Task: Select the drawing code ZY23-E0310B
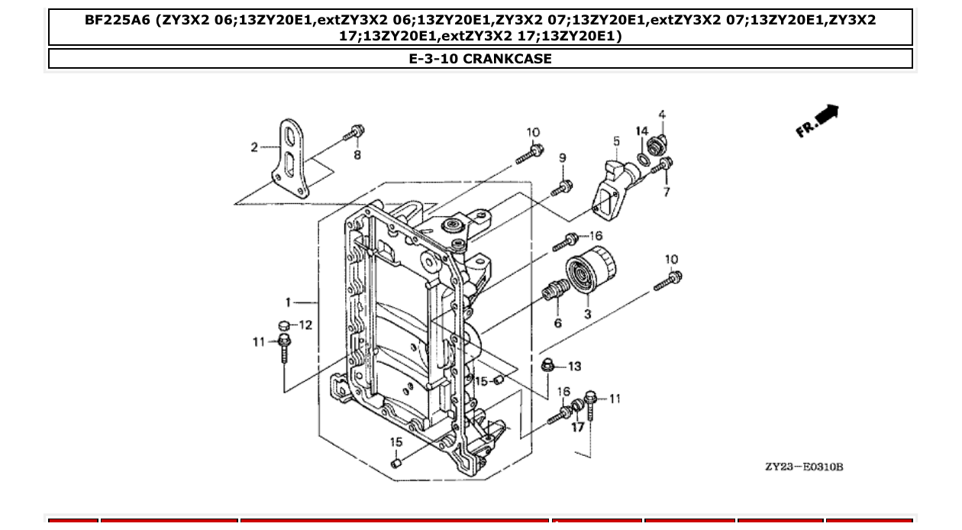[803, 467]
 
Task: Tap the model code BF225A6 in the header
[118, 21]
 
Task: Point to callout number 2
[255, 147]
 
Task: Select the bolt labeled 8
[353, 134]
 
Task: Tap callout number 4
[662, 115]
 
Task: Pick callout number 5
[616, 141]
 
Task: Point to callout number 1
[289, 302]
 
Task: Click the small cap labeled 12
[283, 326]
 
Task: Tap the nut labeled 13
[547, 365]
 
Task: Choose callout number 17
[578, 427]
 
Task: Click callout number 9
[563, 158]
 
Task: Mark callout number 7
[667, 192]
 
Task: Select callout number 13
[574, 367]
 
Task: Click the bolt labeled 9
[561, 187]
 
